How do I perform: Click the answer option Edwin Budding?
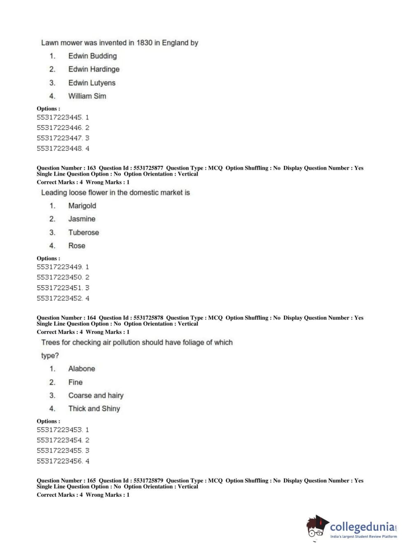point(92,56)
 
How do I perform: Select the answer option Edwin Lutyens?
point(92,83)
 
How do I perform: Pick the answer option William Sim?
point(87,96)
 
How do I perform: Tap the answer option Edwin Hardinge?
point(94,69)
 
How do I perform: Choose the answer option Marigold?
point(82,206)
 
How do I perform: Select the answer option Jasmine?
point(81,219)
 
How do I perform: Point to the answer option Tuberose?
point(84,232)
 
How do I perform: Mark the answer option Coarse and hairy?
point(96,395)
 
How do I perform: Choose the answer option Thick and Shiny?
point(94,409)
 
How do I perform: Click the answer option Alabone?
point(81,369)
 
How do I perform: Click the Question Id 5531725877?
point(148,168)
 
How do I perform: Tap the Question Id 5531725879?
point(148,481)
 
